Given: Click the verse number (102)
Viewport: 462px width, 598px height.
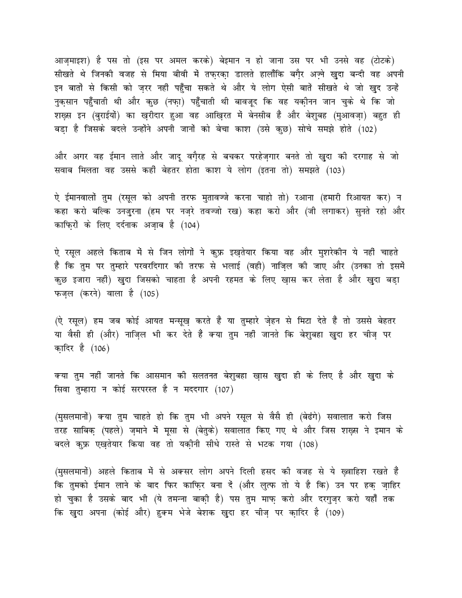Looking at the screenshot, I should click(x=391, y=130).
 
